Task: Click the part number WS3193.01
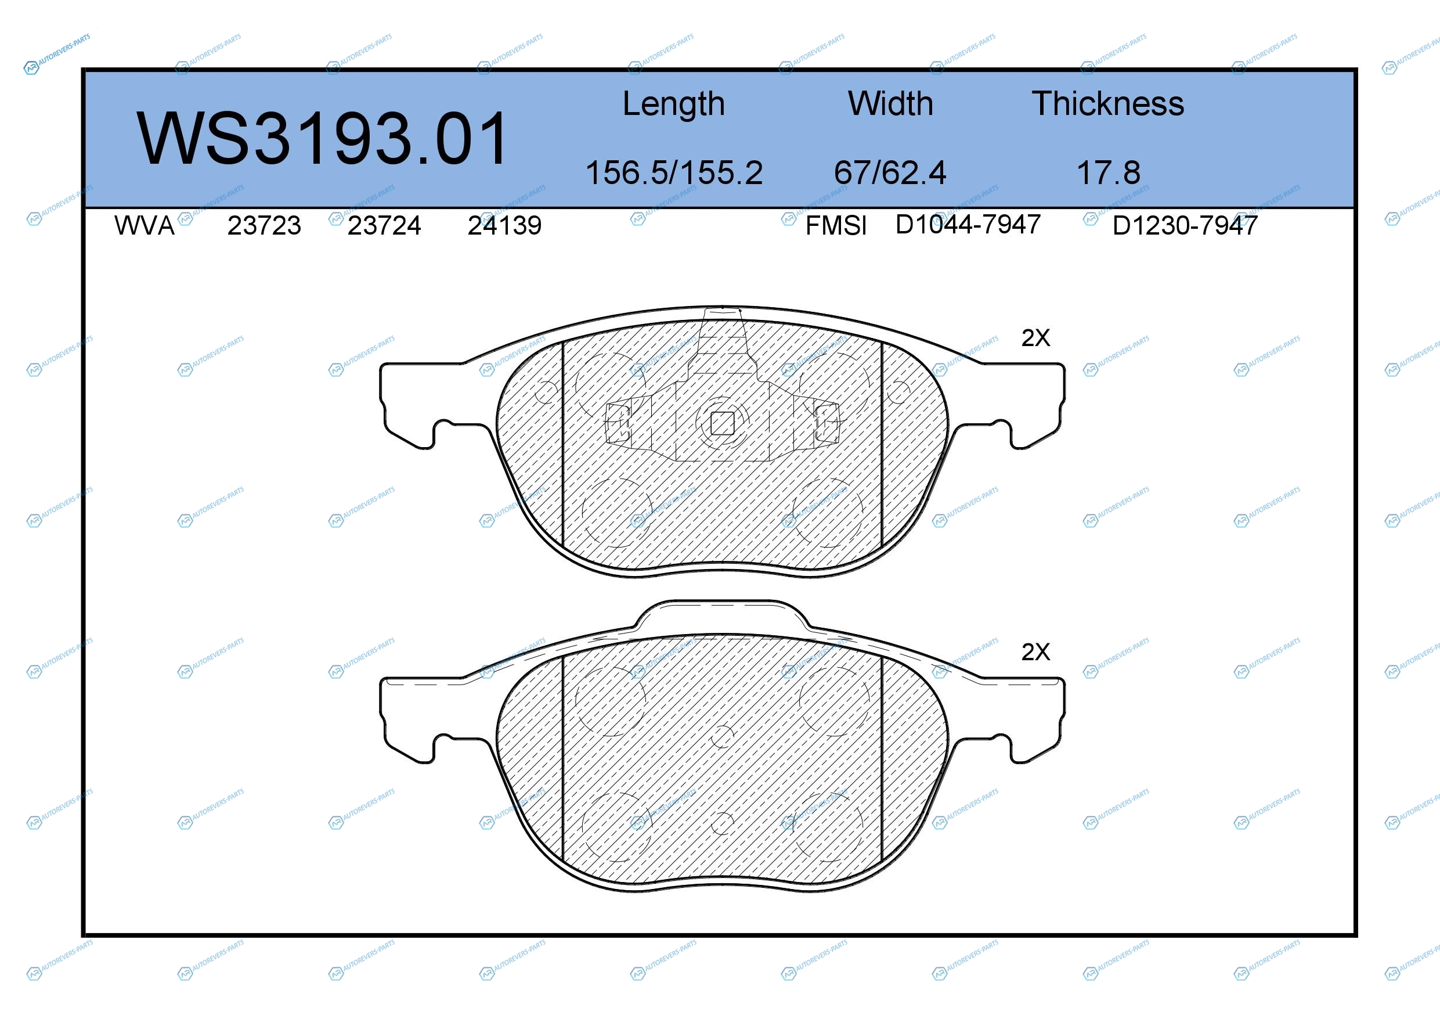pos(321,139)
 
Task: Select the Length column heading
pos(674,104)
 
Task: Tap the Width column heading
pos(890,103)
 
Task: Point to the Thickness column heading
pos(1107,103)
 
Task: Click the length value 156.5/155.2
pos(674,172)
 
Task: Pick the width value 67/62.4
pos(890,172)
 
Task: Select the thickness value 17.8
pos(1108,172)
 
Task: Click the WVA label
pos(145,226)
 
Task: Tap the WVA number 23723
pos(264,226)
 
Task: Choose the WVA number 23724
pos(384,226)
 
